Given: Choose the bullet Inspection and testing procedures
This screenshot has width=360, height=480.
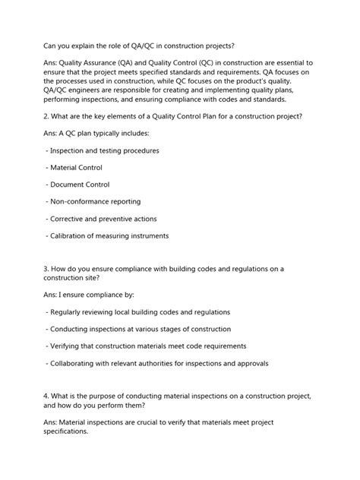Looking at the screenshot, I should point(103,150).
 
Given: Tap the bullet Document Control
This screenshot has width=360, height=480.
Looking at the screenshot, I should point(79,185).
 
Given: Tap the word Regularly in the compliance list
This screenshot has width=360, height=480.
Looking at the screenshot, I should point(71,312).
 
